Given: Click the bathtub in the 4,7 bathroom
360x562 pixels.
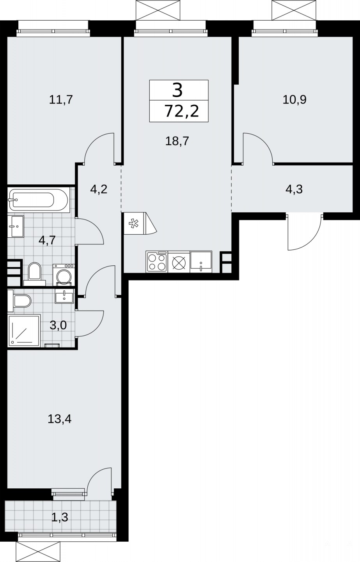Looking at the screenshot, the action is [38, 200].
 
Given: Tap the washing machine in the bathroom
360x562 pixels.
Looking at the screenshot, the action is [64, 275].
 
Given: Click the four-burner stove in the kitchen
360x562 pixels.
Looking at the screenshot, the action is [157, 262].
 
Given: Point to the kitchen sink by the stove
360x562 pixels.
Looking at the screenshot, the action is [201, 262].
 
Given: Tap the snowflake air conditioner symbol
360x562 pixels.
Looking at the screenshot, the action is [133, 224].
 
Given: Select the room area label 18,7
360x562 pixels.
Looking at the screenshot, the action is [177, 141].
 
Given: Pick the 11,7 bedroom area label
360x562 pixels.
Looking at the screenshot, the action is [61, 100].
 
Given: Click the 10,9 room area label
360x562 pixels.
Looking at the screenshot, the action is [294, 100].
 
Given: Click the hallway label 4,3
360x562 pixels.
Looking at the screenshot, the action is [294, 189].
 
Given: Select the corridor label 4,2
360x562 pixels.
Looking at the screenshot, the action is [99, 189].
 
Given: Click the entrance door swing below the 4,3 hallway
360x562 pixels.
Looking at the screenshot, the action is [304, 232].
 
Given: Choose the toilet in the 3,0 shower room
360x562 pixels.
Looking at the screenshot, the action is [20, 300].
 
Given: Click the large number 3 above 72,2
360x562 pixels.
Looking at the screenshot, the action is [177, 90].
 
